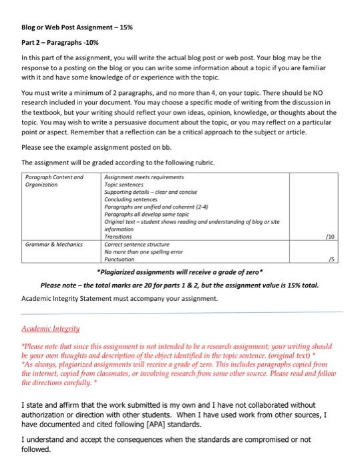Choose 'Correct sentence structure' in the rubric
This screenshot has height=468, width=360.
pos(137,245)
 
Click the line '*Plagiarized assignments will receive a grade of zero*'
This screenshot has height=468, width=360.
pos(180,272)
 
